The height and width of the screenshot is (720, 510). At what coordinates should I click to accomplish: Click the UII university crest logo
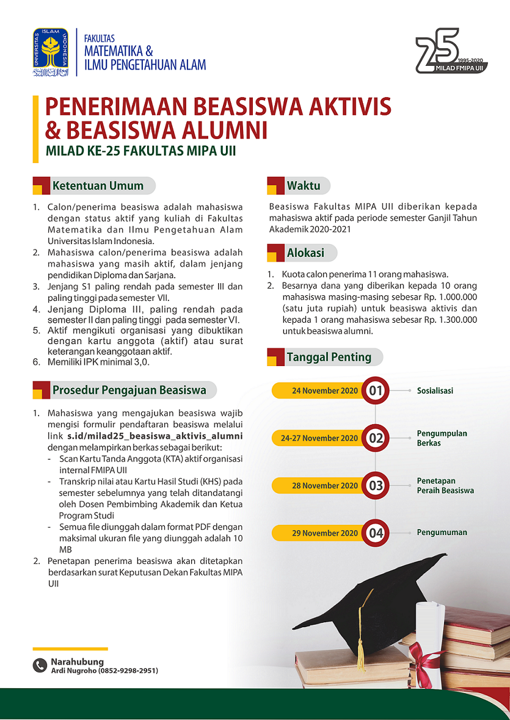coord(51,52)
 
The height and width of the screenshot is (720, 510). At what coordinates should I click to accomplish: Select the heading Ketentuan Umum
coord(98,186)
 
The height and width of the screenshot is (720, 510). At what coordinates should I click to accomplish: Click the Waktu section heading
coord(304,185)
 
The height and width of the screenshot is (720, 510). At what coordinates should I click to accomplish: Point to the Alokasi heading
coord(305,253)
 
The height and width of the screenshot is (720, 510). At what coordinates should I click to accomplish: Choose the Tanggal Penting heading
coord(329,357)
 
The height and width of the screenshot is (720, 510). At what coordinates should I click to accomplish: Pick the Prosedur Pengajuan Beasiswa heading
coord(129,390)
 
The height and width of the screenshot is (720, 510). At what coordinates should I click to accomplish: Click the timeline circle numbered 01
coord(375,391)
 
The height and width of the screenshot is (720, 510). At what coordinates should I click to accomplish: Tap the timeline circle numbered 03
coord(375,486)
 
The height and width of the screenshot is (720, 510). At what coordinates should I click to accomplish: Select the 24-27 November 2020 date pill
coord(319,438)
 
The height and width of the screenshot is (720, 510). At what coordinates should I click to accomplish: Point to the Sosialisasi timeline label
coord(435,391)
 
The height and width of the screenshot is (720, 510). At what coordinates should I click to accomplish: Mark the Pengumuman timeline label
coord(442,533)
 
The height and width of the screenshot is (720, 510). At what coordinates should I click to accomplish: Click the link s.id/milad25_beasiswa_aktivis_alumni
coord(155,436)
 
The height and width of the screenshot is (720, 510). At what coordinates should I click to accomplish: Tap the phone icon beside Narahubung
coord(40,666)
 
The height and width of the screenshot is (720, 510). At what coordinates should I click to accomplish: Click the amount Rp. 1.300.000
coord(450,320)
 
